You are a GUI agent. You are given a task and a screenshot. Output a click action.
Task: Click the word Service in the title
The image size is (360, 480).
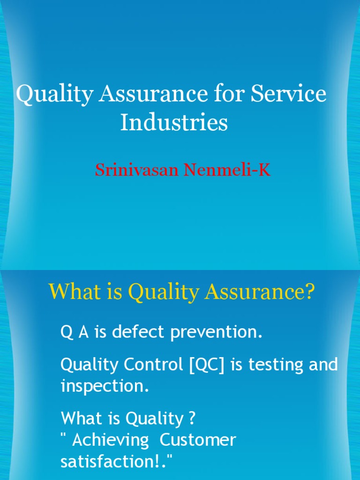pos(288,94)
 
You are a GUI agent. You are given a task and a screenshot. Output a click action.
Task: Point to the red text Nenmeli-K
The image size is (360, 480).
pos(227,170)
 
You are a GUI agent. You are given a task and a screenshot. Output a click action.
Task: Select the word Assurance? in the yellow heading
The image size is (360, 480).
pos(257,293)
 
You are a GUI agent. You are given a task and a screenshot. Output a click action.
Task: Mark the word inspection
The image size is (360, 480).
pos(105,386)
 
